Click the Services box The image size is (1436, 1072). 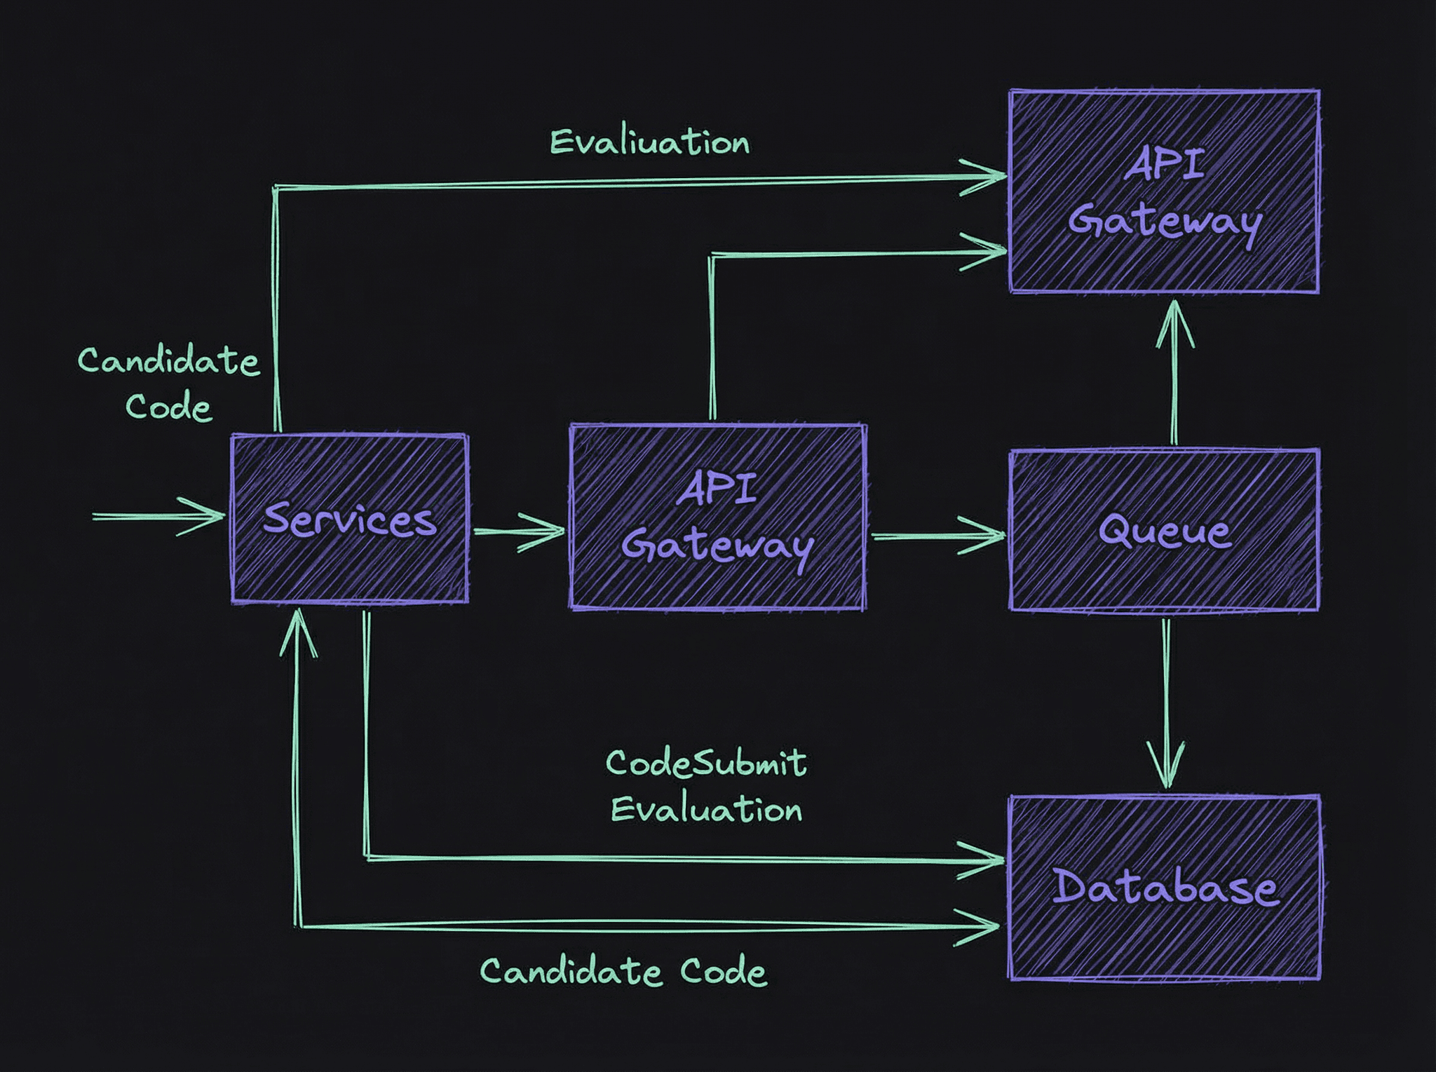(349, 519)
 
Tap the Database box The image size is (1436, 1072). (1164, 888)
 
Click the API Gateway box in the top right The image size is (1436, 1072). (1164, 191)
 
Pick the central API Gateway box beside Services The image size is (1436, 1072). (717, 517)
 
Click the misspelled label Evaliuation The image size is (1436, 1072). (649, 142)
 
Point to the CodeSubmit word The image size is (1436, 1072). (705, 763)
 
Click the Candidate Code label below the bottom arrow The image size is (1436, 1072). (623, 972)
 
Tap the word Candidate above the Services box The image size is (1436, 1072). (168, 361)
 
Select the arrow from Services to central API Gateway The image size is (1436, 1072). (519, 531)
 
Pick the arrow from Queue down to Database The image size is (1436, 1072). (1166, 701)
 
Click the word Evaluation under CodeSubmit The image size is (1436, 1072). (706, 810)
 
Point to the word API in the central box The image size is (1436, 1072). (717, 489)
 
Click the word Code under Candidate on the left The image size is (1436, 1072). (168, 407)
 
